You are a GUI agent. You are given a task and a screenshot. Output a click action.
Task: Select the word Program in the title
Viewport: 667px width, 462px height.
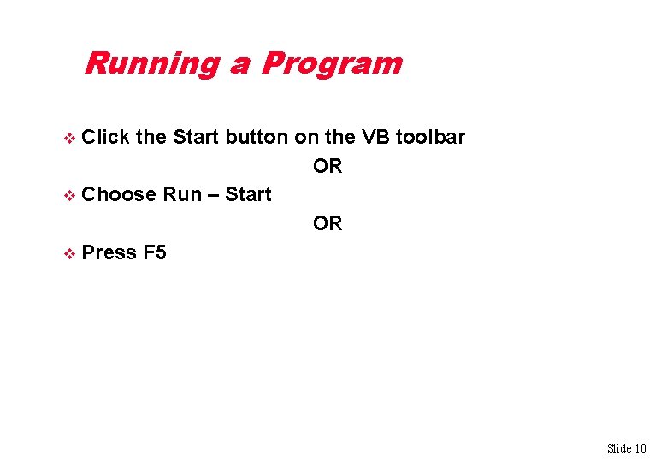point(332,64)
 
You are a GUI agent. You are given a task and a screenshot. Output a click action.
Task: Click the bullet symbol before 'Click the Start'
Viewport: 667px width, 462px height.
point(70,139)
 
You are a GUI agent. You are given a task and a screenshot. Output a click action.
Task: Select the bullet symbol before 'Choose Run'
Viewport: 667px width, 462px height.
point(70,195)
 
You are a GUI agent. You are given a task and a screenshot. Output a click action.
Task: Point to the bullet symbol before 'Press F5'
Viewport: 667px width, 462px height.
point(70,253)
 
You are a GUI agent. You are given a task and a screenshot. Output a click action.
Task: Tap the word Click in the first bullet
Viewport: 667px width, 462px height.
point(107,137)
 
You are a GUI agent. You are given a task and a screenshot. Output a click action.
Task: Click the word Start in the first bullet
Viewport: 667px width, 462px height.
point(196,137)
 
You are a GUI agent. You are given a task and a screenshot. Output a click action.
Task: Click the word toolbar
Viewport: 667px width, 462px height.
point(430,137)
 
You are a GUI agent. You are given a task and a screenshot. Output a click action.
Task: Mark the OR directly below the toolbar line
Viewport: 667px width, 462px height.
point(328,166)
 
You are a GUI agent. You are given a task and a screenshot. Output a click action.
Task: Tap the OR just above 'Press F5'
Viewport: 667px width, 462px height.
point(328,223)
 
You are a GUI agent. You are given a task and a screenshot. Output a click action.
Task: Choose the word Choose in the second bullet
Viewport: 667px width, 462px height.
point(120,194)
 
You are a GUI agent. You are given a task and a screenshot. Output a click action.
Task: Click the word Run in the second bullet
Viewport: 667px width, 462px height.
point(181,194)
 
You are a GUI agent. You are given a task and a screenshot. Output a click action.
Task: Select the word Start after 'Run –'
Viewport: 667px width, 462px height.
point(249,194)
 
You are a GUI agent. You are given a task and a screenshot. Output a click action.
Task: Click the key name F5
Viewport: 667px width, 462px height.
point(156,252)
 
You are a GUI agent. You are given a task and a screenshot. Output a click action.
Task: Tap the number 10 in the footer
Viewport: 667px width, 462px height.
point(640,448)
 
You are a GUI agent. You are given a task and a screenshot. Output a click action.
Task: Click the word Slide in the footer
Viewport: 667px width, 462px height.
point(618,448)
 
